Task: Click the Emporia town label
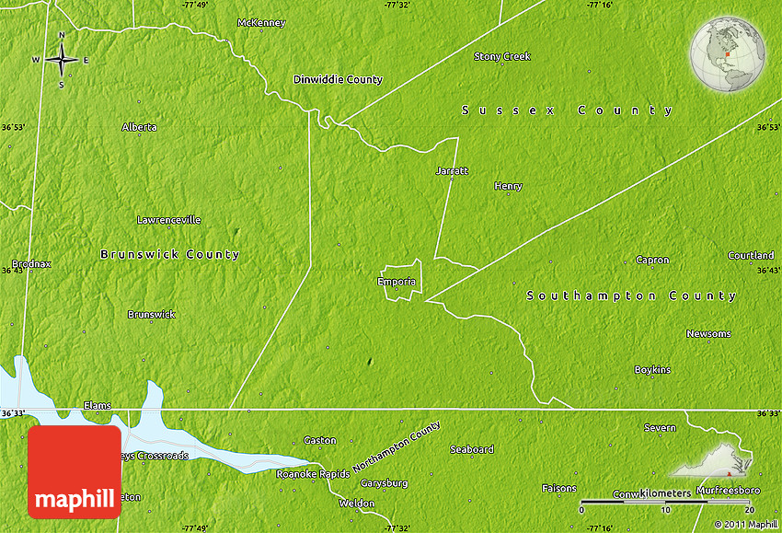point(397,282)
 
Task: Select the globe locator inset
point(728,54)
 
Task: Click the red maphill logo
point(74,471)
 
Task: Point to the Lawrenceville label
point(168,220)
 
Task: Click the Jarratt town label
point(452,170)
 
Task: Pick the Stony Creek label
point(502,57)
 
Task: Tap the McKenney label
point(261,23)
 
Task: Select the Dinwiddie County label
point(338,80)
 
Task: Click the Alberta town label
point(139,127)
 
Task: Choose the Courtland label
point(751,255)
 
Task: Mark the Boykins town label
point(652,370)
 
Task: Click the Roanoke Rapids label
point(313,474)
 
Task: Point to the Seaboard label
point(472,450)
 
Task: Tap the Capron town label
point(652,261)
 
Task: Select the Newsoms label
point(708,333)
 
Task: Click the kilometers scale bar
point(668,502)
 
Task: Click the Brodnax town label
point(32,264)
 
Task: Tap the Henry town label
point(508,186)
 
